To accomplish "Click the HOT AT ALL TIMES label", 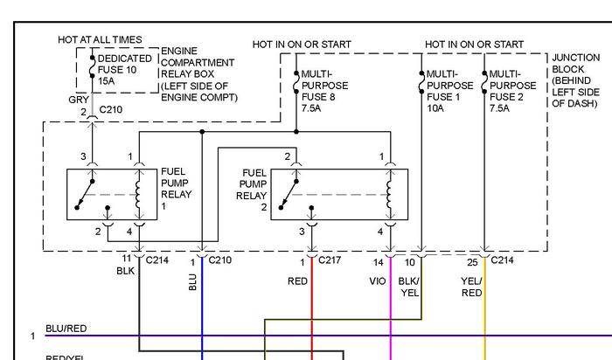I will coord(100,40).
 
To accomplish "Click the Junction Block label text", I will coord(575,80).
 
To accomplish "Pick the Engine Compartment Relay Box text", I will coord(198,74).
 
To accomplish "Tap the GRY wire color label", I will coord(78,100).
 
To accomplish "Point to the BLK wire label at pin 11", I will coord(126,271).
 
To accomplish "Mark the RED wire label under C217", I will coord(297,280).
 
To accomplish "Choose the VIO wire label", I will coord(379,280).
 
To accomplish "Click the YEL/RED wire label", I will coord(472,286).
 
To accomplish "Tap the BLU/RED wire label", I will coord(66,328).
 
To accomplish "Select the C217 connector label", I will coord(330,260).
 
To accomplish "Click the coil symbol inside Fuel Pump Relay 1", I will coord(138,193).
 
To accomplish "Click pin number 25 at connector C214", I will coord(472,260).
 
